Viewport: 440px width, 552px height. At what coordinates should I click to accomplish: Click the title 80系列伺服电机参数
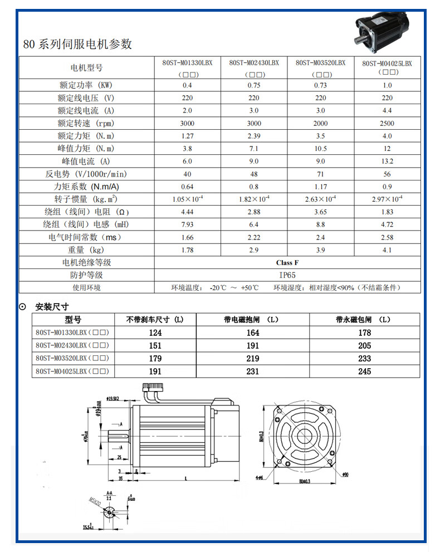(x=77, y=44)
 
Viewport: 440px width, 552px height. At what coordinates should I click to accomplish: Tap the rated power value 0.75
(x=254, y=85)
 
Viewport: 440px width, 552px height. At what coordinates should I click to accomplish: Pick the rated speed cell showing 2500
(x=387, y=123)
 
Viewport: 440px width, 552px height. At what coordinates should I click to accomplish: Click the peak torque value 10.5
(x=320, y=149)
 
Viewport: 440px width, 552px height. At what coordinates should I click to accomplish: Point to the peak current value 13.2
(x=387, y=162)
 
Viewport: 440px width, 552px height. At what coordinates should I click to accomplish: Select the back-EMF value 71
(x=320, y=174)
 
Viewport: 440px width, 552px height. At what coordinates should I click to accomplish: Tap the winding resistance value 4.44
(x=187, y=212)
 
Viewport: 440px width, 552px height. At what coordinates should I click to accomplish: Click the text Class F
(x=287, y=262)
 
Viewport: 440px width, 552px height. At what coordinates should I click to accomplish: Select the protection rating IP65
(x=287, y=275)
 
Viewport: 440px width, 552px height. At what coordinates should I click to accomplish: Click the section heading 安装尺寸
(x=52, y=306)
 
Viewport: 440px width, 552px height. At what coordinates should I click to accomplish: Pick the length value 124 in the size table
(x=155, y=333)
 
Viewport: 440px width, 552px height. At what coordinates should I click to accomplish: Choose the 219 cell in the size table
(x=253, y=359)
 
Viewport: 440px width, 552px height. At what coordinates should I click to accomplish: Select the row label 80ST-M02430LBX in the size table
(x=71, y=345)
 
